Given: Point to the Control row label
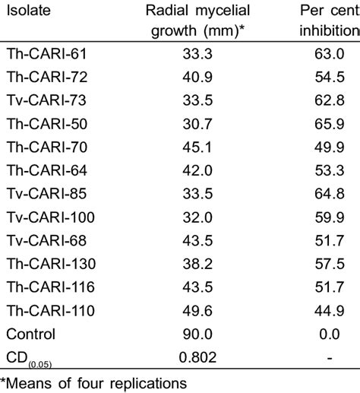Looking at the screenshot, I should pyautogui.click(x=30, y=333).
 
